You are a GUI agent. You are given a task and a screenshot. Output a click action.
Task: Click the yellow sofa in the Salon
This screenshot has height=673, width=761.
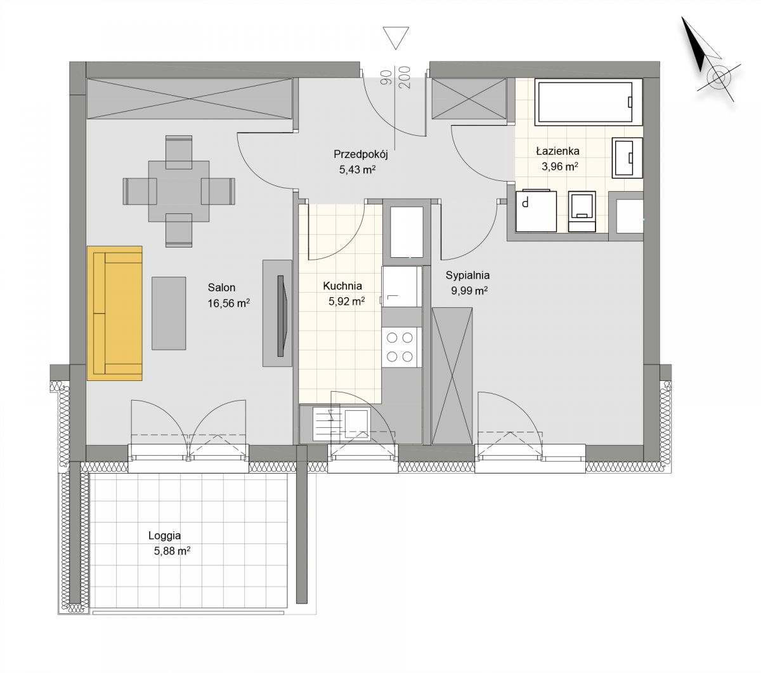(115, 314)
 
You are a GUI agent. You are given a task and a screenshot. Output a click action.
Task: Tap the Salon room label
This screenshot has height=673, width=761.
(221, 288)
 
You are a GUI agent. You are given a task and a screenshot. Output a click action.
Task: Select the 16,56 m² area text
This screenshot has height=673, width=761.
(229, 303)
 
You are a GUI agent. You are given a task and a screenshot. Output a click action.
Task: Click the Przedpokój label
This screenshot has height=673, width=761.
(361, 154)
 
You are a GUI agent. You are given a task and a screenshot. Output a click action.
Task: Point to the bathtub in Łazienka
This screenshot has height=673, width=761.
(589, 102)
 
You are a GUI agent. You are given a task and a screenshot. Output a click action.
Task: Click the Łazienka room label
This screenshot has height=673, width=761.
(558, 151)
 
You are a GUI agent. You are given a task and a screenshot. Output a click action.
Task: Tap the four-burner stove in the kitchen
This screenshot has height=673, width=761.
(401, 347)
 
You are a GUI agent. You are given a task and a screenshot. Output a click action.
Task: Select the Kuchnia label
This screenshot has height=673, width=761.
(342, 286)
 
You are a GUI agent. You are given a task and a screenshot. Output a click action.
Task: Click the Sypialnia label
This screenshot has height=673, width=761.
(467, 276)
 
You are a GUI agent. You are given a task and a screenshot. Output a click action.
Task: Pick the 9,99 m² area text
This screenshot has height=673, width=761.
(469, 291)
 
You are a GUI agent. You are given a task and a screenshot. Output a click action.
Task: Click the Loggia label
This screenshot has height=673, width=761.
(164, 536)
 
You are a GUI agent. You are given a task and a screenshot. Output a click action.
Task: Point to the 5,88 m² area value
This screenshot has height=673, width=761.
(172, 551)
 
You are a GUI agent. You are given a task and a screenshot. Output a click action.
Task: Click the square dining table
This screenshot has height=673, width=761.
(179, 191)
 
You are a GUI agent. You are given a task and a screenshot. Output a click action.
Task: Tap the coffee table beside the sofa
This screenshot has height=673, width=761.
(169, 314)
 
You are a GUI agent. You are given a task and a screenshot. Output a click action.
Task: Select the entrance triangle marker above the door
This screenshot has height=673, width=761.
(395, 37)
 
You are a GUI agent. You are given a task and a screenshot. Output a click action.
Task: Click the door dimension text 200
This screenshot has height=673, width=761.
(406, 77)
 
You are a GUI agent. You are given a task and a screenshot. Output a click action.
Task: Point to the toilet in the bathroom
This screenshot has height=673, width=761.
(582, 211)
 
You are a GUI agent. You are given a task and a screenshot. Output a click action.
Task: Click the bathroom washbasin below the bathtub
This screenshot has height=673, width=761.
(627, 157)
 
